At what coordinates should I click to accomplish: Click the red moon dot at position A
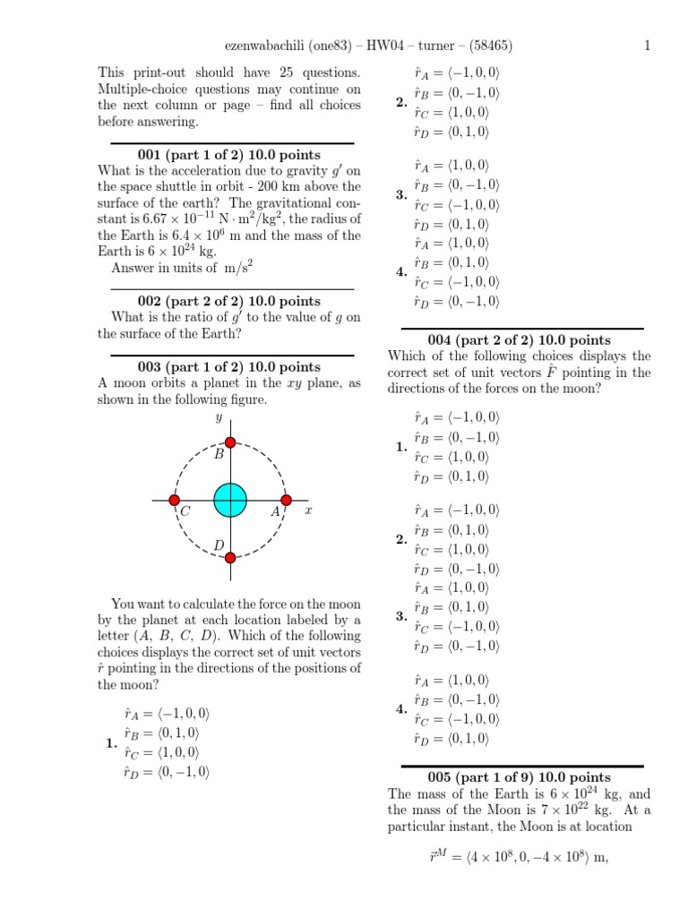click(286, 500)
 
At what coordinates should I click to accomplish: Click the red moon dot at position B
click(230, 442)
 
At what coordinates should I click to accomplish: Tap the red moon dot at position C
click(175, 500)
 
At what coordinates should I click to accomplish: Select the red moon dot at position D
click(230, 557)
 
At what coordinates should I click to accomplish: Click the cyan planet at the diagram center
click(230, 500)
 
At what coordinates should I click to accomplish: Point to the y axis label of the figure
click(218, 418)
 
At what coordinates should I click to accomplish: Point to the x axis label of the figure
click(307, 510)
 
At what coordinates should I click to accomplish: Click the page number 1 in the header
click(646, 47)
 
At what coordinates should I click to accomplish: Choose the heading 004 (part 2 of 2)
click(520, 339)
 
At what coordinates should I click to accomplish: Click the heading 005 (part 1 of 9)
click(520, 777)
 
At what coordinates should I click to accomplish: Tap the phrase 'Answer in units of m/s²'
click(180, 268)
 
